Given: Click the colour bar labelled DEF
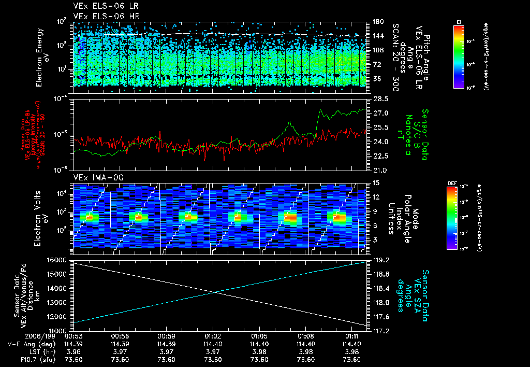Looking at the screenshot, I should [x=459, y=217].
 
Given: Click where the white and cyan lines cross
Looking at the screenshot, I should [x=215, y=292].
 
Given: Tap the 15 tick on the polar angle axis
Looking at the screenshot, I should [x=373, y=182].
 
